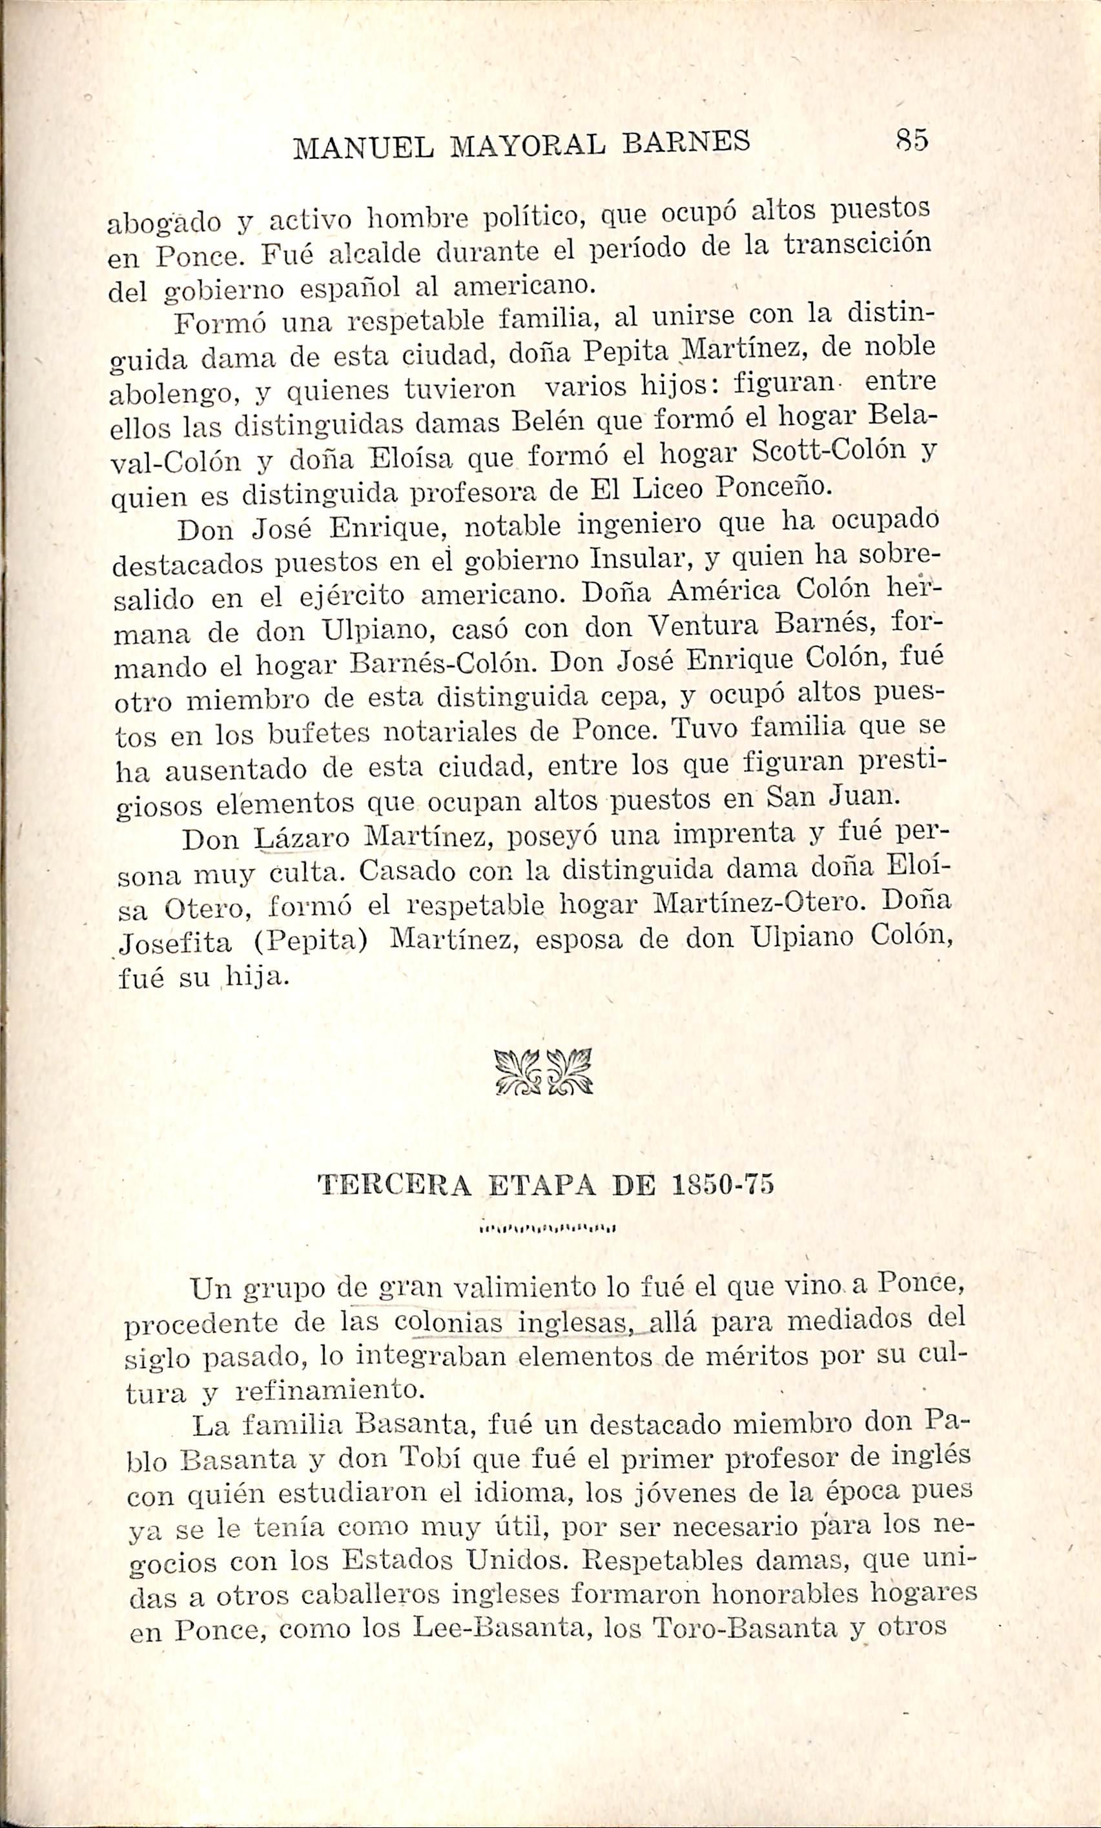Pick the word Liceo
pyautogui.click(x=668, y=488)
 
